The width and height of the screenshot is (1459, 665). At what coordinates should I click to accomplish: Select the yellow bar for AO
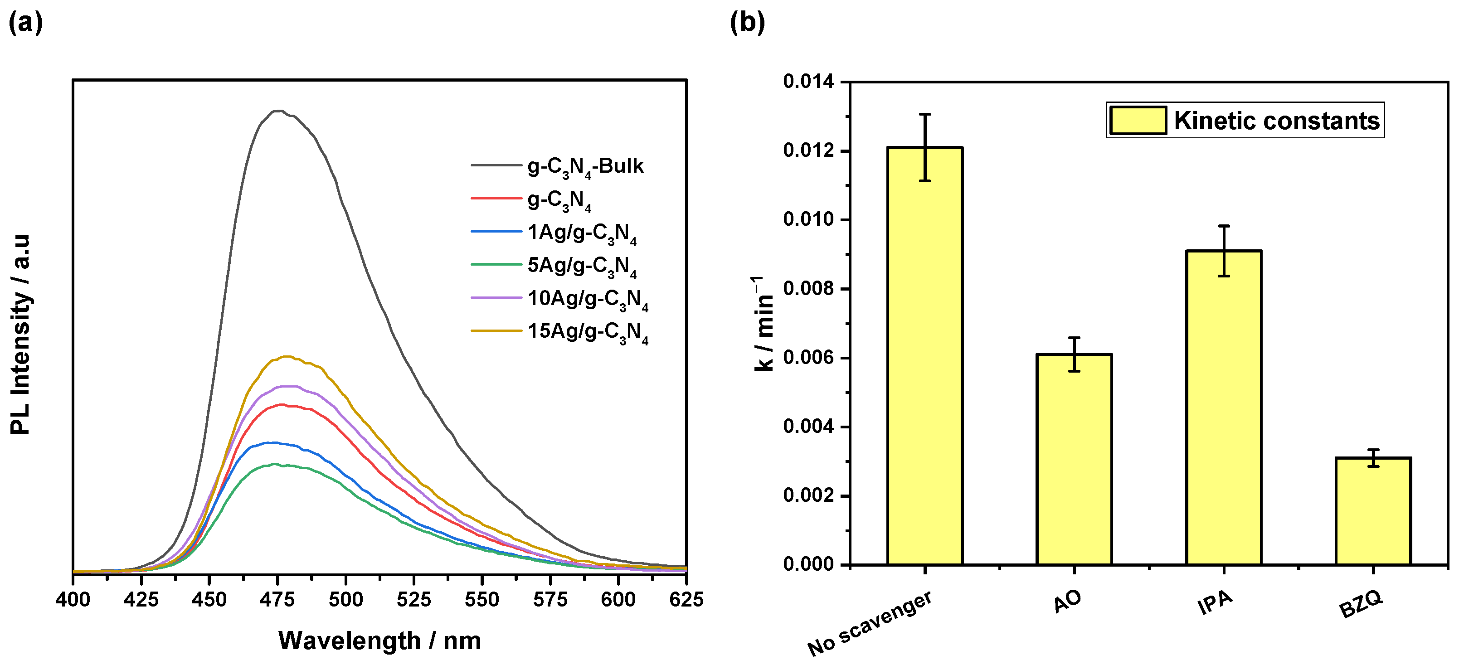pyautogui.click(x=1074, y=459)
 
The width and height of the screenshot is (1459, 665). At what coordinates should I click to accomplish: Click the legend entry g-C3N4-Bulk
pyautogui.click(x=585, y=166)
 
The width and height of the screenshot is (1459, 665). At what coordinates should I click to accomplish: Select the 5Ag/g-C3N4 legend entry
pyautogui.click(x=582, y=265)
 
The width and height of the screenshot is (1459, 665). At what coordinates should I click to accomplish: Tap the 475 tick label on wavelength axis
pyautogui.click(x=277, y=599)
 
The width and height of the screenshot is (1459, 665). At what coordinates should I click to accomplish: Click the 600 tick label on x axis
pyautogui.click(x=618, y=599)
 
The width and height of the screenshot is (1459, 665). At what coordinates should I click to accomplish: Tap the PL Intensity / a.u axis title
pyautogui.click(x=20, y=334)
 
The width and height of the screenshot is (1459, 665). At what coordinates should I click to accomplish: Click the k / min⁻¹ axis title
pyautogui.click(x=763, y=324)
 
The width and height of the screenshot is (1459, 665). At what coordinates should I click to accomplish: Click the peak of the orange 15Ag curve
pyautogui.click(x=287, y=356)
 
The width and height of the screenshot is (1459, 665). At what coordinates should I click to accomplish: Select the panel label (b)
pyautogui.click(x=747, y=23)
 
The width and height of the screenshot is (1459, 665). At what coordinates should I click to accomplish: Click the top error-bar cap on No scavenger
pyautogui.click(x=925, y=114)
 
